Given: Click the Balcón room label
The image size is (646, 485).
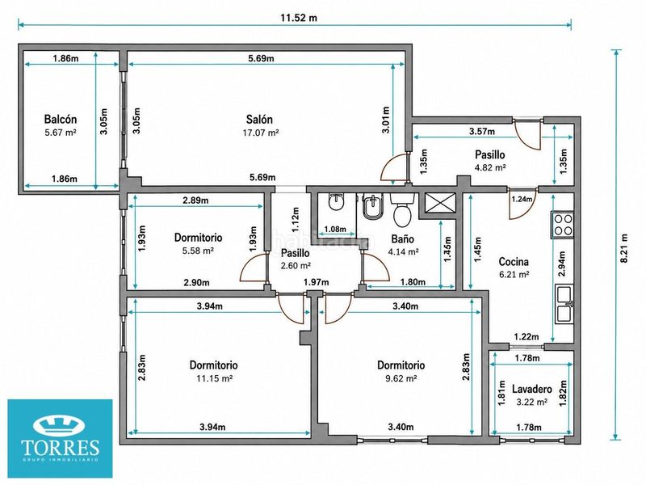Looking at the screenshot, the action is click(60, 119).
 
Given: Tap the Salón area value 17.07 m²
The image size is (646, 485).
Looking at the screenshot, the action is click(259, 133).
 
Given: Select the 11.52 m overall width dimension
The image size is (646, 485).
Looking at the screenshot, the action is click(299, 18).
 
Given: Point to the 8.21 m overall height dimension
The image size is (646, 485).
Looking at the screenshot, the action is click(625, 248).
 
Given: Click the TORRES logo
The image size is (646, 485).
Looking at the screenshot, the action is click(60, 438).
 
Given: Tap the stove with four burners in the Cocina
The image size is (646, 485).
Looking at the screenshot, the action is click(562, 225).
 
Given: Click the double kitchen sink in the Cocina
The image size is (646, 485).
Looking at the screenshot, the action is click(564, 304).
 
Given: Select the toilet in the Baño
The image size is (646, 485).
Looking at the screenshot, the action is click(401, 209).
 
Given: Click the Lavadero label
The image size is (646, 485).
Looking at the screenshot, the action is click(532, 389).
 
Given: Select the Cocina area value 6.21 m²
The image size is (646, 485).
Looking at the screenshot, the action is click(514, 275).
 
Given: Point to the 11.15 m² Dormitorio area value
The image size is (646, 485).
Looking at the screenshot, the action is click(213, 378).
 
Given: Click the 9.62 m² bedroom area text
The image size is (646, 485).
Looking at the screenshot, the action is click(401, 378).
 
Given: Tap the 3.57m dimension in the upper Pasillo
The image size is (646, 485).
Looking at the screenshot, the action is click(482, 132).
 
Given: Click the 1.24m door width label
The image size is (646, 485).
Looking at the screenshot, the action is click(522, 199).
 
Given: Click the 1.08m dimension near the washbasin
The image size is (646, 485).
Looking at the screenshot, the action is click(335, 230).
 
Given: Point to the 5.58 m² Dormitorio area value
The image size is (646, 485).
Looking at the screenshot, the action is click(198, 251).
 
